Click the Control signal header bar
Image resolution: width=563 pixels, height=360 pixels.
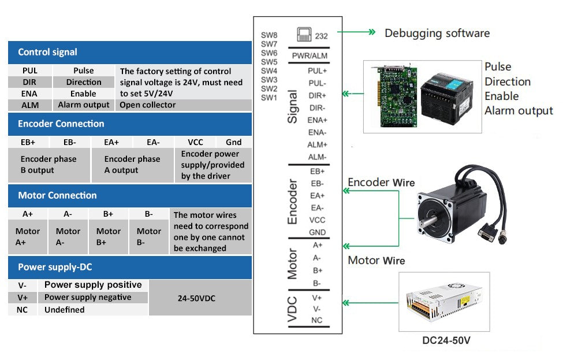tap(130, 52)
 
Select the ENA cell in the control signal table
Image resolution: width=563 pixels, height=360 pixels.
tap(29, 94)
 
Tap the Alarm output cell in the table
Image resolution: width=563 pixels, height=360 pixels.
tap(83, 105)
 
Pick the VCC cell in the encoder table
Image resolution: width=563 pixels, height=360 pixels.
tap(195, 142)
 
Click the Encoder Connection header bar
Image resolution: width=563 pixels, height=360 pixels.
tap(130, 124)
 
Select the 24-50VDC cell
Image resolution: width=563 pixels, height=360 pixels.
tap(200, 298)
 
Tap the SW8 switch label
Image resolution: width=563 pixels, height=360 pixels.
tap(269, 35)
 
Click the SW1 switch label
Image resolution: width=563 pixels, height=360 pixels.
tap(269, 98)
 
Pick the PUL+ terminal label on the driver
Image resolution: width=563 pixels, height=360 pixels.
tap(317, 70)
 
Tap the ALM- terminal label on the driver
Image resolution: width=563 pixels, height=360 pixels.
tap(317, 157)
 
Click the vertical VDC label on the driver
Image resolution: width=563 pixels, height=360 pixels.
tap(292, 309)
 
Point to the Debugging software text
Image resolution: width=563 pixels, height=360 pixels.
tap(437, 34)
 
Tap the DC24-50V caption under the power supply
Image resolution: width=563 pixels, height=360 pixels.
tap(446, 340)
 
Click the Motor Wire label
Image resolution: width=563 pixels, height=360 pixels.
tap(376, 261)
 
